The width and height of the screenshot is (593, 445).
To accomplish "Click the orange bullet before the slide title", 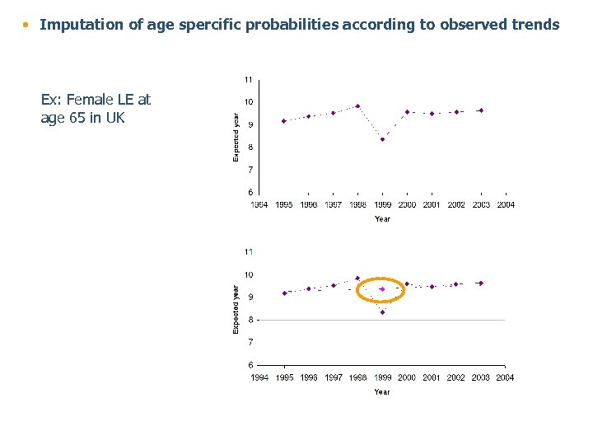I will (x=26, y=25).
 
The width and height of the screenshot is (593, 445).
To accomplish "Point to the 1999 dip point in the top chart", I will (x=382, y=139).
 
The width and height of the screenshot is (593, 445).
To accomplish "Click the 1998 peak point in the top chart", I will (x=357, y=105).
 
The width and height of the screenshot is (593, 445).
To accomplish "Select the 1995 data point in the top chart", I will (x=283, y=121).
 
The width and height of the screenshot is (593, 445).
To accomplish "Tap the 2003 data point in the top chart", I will (x=481, y=110).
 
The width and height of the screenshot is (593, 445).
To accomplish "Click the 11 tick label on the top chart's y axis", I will (x=247, y=80).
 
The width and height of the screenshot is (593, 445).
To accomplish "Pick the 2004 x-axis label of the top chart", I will (x=505, y=204).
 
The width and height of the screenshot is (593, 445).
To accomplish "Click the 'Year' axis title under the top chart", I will (x=382, y=218).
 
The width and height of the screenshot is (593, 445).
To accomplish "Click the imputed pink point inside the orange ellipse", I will (x=382, y=289).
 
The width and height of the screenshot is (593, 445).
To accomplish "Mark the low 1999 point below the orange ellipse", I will (x=382, y=312).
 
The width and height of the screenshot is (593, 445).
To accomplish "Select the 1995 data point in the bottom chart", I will (x=284, y=293).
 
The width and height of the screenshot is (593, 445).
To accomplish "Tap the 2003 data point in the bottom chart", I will (x=481, y=283).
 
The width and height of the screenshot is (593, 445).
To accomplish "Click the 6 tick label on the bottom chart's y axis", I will (x=250, y=364).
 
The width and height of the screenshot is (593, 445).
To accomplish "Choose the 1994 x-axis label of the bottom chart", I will (x=259, y=377).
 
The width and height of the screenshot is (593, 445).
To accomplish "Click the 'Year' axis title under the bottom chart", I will (x=382, y=391).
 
